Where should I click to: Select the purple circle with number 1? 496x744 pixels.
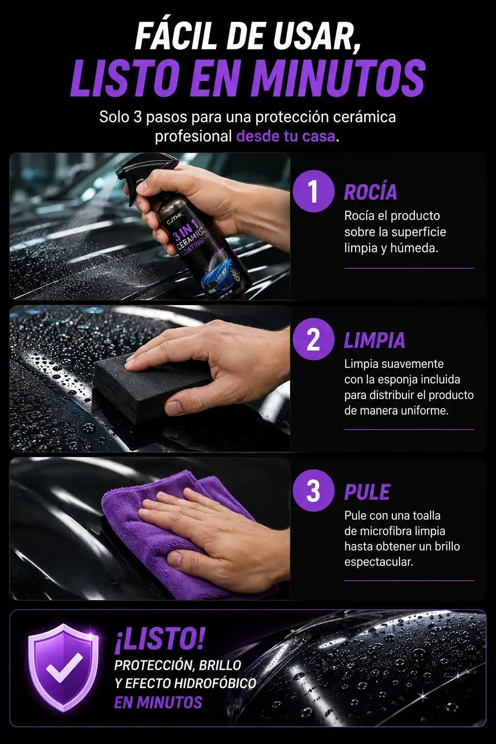pyautogui.click(x=313, y=191)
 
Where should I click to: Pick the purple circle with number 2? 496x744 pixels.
pyautogui.click(x=313, y=339)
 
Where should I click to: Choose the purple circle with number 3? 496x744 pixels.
pyautogui.click(x=313, y=491)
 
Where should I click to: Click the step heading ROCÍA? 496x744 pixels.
pyautogui.click(x=371, y=191)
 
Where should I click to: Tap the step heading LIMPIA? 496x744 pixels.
pyautogui.click(x=374, y=340)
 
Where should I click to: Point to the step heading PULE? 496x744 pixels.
pyautogui.click(x=367, y=492)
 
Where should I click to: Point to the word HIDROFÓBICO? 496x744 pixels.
pyautogui.click(x=215, y=683)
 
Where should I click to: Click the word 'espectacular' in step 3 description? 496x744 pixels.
pyautogui.click(x=378, y=562)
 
